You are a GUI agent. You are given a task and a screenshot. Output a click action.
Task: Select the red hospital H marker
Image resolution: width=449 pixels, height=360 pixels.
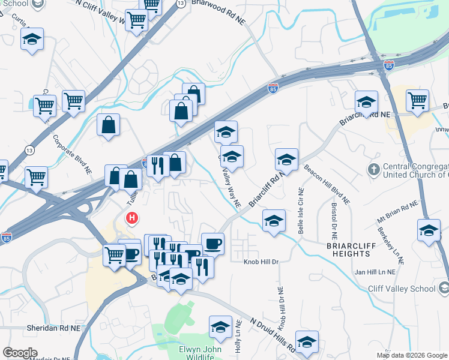click(x=130, y=218)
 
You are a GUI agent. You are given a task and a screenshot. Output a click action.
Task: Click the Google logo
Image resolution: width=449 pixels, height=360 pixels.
click(x=20, y=352)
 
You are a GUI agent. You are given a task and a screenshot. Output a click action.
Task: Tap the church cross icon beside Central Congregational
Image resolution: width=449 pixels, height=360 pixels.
click(x=373, y=169)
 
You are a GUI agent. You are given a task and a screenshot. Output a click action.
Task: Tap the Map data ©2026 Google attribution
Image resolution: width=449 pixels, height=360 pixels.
click(x=411, y=355)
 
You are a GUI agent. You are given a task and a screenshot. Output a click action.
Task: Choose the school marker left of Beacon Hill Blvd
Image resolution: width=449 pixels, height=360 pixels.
click(x=287, y=160)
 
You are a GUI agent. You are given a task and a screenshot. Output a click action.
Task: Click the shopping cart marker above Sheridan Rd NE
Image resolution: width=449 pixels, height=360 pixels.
click(x=114, y=254)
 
